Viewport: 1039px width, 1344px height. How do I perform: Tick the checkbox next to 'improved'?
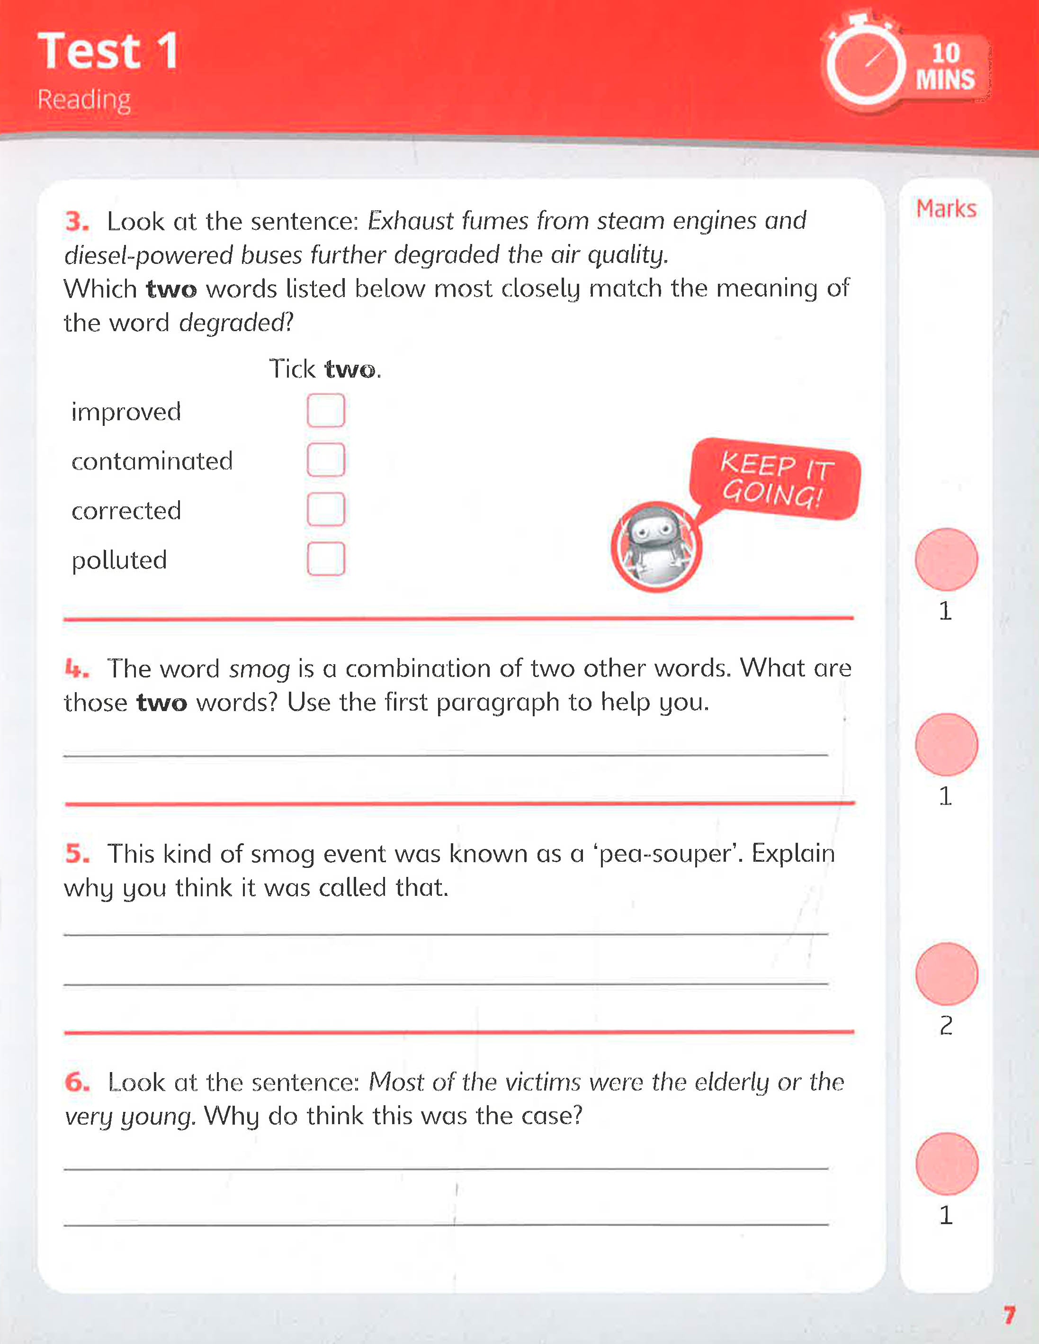click(325, 410)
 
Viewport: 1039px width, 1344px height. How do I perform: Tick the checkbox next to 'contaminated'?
click(325, 460)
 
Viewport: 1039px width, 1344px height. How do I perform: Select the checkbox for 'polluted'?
click(325, 559)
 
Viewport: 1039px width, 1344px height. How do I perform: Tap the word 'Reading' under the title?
click(84, 99)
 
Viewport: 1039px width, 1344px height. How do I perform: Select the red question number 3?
click(77, 221)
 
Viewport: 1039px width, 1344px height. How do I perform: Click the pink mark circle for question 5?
click(946, 974)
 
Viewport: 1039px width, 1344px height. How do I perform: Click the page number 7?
click(1009, 1315)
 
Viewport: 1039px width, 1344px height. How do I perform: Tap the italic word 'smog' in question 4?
click(259, 669)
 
